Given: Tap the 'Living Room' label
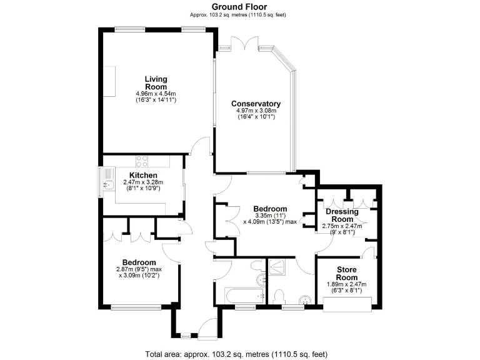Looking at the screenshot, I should [156, 83].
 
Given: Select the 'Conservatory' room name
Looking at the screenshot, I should [256, 104].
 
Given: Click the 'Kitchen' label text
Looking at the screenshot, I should [143, 175].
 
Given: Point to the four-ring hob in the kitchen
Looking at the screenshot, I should [141, 160].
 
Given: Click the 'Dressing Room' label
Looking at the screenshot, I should [342, 216].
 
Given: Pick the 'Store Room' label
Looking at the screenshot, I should [347, 273].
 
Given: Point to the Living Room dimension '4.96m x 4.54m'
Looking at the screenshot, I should [156, 94].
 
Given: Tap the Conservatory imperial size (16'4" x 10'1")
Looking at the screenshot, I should [256, 117].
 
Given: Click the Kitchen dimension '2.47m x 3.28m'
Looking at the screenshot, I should [143, 182].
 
